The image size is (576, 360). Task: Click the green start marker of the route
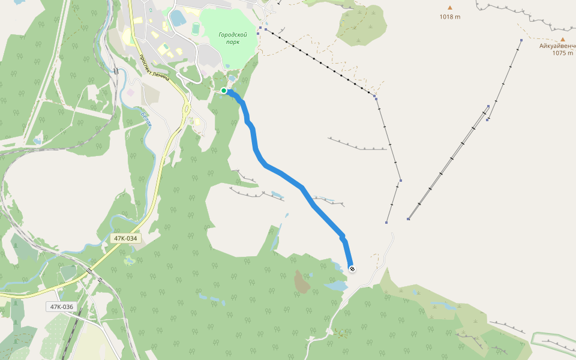[223, 91]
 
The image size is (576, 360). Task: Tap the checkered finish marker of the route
[352, 269]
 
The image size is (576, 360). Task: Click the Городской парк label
[233, 38]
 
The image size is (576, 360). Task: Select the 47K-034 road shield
[125, 238]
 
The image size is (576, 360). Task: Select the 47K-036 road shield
[61, 307]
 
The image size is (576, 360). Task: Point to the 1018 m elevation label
[449, 17]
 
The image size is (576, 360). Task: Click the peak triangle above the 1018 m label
[449, 8]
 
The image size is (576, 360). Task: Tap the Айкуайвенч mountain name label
[557, 46]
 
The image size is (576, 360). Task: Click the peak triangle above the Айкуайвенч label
[562, 38]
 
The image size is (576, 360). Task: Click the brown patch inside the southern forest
[302, 281]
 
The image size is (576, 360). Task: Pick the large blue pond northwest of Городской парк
[178, 18]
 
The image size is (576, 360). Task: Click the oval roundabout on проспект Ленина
[187, 110]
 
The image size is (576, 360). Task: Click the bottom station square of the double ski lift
[408, 219]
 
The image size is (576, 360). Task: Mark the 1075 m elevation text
[562, 53]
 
